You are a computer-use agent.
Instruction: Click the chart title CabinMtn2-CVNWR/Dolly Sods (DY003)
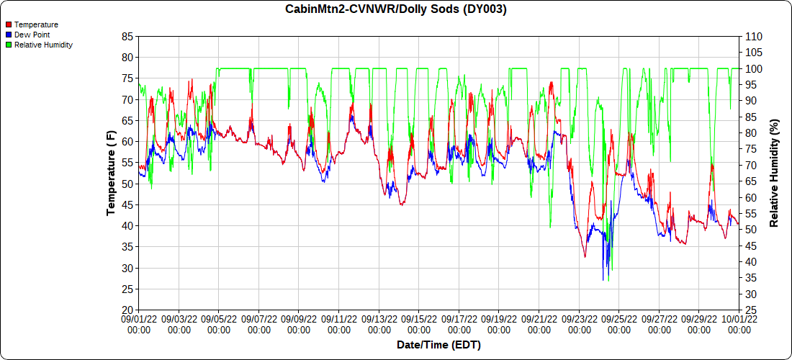click(396, 9)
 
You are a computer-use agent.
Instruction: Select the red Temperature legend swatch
click(9, 25)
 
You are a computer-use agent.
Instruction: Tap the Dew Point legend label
click(32, 35)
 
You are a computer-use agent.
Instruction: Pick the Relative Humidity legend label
click(43, 45)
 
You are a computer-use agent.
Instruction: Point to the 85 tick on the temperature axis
click(128, 36)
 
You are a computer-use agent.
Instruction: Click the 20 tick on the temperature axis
click(128, 310)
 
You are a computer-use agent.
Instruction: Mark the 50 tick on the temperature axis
click(128, 184)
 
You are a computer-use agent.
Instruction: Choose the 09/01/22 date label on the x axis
click(139, 323)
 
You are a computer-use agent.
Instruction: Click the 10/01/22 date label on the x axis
click(739, 323)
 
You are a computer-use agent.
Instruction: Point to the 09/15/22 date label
click(419, 323)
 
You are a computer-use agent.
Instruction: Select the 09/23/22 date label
click(579, 323)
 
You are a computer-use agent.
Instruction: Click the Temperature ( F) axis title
click(112, 173)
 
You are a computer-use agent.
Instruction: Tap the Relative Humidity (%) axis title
click(775, 173)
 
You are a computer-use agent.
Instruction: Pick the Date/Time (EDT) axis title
click(438, 345)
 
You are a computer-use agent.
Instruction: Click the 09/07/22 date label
click(259, 323)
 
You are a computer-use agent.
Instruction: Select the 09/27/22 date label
click(659, 323)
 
